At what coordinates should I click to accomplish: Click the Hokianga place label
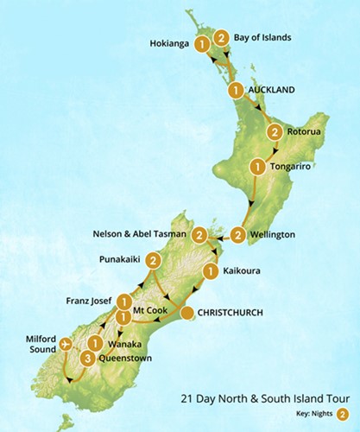(x=168, y=42)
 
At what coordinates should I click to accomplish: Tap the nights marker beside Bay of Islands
(x=222, y=38)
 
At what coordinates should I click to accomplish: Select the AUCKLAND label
(x=272, y=89)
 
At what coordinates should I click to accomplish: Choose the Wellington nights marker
(x=237, y=234)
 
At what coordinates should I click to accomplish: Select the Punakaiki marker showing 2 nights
(x=153, y=260)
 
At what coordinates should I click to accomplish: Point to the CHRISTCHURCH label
(x=231, y=313)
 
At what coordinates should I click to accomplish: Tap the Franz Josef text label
(x=83, y=302)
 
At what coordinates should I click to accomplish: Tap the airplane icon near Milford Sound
(x=65, y=345)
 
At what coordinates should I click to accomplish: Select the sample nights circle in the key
(x=344, y=414)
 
